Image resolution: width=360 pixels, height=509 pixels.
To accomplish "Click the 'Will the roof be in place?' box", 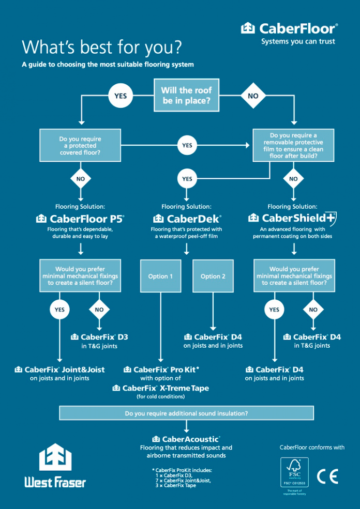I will click(186, 96).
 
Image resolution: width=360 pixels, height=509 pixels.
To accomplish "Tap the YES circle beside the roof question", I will click(120, 96).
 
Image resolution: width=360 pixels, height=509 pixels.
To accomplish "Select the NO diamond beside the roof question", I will click(253, 96).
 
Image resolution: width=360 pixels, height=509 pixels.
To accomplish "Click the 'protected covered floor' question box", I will click(80, 146).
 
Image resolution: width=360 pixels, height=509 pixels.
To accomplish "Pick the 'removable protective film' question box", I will click(293, 146).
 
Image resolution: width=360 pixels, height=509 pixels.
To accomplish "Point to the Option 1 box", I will click(161, 276).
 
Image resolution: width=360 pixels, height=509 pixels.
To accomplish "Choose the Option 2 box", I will click(213, 276).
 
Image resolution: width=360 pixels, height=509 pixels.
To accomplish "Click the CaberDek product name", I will click(187, 219).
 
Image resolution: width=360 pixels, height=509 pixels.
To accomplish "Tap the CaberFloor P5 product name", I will click(80, 219).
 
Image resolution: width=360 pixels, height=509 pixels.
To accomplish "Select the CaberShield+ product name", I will click(293, 219).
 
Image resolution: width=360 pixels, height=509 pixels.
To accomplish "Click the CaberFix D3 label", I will click(99, 337).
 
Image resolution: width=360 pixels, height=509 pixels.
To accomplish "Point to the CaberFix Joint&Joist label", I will click(60, 369).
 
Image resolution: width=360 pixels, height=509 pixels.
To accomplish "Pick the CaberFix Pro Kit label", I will click(161, 369).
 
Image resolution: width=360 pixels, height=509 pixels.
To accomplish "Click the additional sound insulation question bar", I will click(186, 413).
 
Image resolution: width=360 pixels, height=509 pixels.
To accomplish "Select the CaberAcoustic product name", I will click(186, 439).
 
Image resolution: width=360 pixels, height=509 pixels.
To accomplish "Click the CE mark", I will click(327, 476).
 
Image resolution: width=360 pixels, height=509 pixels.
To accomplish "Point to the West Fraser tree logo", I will click(55, 457).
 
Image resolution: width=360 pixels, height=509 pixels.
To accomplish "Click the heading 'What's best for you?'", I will click(101, 47).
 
